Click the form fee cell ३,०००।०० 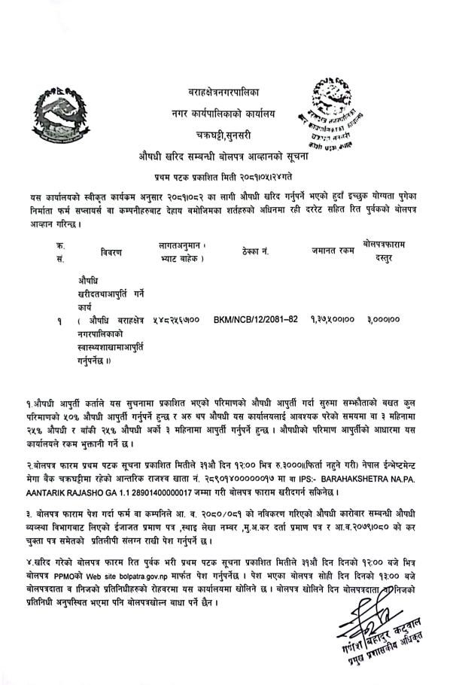pyautogui.click(x=383, y=320)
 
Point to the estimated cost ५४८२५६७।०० pyautogui.click(x=175, y=320)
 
